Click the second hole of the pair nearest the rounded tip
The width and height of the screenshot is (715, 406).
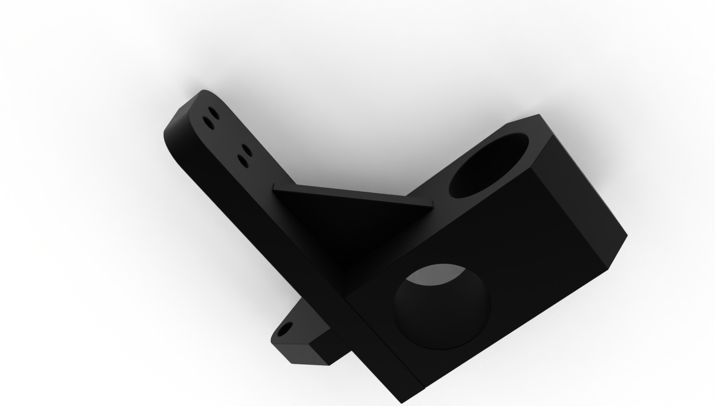[x=208, y=121]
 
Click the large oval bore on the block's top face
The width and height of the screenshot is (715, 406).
[x=489, y=165]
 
